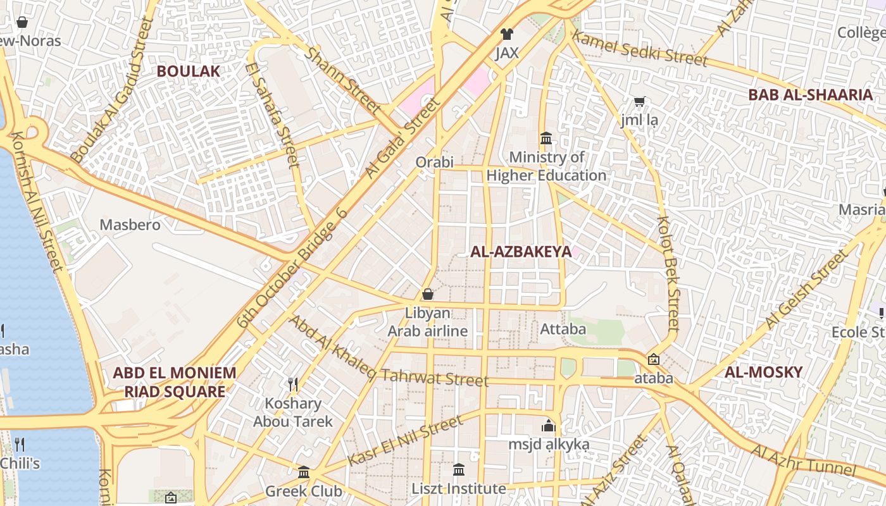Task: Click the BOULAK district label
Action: pyautogui.click(x=189, y=71)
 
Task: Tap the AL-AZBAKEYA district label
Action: pyautogui.click(x=520, y=252)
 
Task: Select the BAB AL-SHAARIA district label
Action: pyautogui.click(x=810, y=95)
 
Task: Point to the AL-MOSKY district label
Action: pyautogui.click(x=763, y=372)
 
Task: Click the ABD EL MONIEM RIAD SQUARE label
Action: pyautogui.click(x=174, y=382)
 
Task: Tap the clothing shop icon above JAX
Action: pyautogui.click(x=506, y=34)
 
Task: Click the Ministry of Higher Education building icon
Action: pyautogui.click(x=546, y=138)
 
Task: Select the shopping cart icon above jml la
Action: pyautogui.click(x=640, y=101)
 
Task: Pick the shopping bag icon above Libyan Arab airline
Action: pyautogui.click(x=428, y=294)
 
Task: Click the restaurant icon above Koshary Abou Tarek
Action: pyautogui.click(x=293, y=384)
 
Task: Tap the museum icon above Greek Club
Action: pyautogui.click(x=304, y=472)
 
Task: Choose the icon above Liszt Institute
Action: pyautogui.click(x=459, y=469)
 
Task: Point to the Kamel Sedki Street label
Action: pyautogui.click(x=639, y=48)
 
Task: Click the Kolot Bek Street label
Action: pyautogui.click(x=669, y=273)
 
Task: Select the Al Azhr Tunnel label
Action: pyautogui.click(x=804, y=460)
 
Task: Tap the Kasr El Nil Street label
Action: pyautogui.click(x=405, y=441)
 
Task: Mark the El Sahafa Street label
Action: pyautogui.click(x=273, y=115)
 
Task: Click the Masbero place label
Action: pyautogui.click(x=130, y=225)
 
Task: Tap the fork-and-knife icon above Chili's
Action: pyautogui.click(x=20, y=444)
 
